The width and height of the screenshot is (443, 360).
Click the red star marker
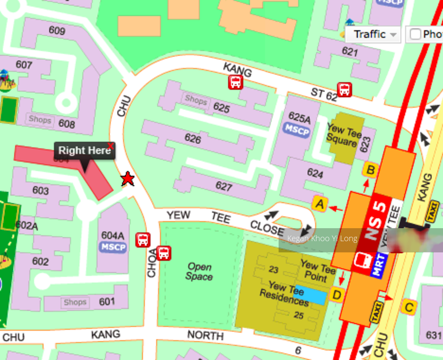pyautogui.click(x=127, y=178)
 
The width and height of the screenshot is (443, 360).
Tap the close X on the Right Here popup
pyautogui.click(x=111, y=146)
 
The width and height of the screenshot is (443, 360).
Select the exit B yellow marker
pyautogui.click(x=370, y=170)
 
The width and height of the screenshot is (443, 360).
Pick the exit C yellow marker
pyautogui.click(x=408, y=307)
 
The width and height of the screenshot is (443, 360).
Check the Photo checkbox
pyautogui.click(x=415, y=34)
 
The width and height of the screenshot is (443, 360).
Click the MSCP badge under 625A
pyautogui.click(x=297, y=130)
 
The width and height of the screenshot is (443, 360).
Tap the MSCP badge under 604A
pyautogui.click(x=113, y=247)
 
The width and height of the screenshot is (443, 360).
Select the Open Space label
pyautogui.click(x=199, y=271)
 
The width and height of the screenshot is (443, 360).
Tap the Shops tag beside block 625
pyautogui.click(x=196, y=100)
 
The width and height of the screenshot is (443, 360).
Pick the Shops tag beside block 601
pyautogui.click(x=75, y=302)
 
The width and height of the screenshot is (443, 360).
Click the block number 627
pyautogui.click(x=224, y=186)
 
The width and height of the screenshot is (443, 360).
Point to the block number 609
pyautogui.click(x=57, y=31)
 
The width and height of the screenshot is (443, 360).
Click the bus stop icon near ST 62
pyautogui.click(x=344, y=90)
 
